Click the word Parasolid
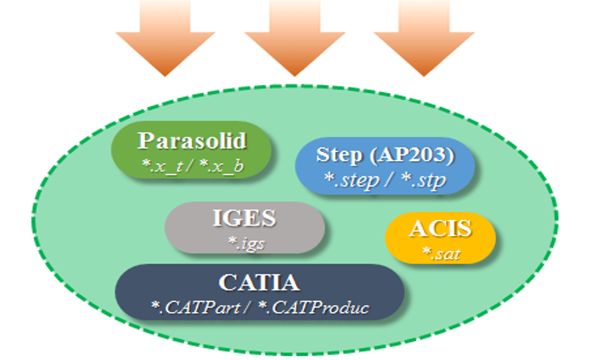tap(192, 141)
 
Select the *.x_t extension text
tap(163, 166)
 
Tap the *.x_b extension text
tap(221, 166)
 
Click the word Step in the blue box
tap(339, 155)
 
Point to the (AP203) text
tap(412, 155)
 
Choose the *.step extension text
tap(352, 180)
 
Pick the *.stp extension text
tap(424, 180)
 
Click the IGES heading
tap(244, 218)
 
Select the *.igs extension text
tap(246, 244)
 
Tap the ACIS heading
tap(440, 229)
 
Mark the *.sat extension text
tap(441, 253)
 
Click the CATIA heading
tap(260, 282)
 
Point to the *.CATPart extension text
tap(195, 307)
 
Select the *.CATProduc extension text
tap(313, 307)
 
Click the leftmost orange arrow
tap(165, 38)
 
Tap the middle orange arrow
tap(295, 38)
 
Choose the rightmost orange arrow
tap(424, 38)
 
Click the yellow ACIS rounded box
tap(440, 238)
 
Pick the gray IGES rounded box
tap(244, 227)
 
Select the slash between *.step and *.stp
tap(389, 180)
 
